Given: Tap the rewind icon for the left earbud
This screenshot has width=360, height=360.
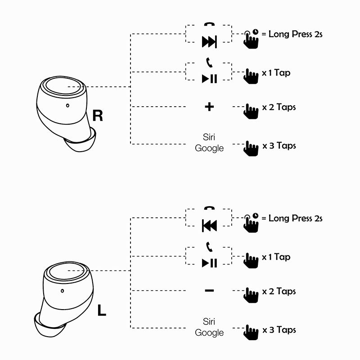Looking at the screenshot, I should coord(209,226).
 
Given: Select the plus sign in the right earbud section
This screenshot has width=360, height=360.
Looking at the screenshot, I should coord(209,107).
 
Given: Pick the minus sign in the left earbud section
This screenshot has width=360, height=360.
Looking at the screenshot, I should coord(209,291).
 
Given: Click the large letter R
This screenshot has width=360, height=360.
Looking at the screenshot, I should coord(98,116).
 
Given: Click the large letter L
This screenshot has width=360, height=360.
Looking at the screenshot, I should coord(102,310).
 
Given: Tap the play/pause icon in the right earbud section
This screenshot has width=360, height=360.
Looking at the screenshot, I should coord(209,79).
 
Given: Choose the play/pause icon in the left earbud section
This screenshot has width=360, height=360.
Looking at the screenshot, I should coord(209,263).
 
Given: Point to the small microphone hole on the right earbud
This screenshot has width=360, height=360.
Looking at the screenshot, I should coord(67,106).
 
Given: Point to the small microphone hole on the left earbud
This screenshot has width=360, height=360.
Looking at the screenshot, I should coord(62,290).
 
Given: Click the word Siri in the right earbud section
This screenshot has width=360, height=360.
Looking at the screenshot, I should coord(209,137).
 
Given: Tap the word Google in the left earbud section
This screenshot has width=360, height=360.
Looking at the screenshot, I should coord(209,333).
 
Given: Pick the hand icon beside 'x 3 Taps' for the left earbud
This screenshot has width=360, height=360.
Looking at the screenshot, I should coord(251,332).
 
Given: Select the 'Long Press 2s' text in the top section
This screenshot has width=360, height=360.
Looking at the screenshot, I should coord(295,34).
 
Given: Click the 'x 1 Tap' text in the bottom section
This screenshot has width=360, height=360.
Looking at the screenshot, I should coord(276,257).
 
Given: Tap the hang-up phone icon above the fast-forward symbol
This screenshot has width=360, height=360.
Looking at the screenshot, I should coord(209,25).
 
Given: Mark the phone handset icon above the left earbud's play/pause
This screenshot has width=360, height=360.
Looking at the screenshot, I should coord(208,247).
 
